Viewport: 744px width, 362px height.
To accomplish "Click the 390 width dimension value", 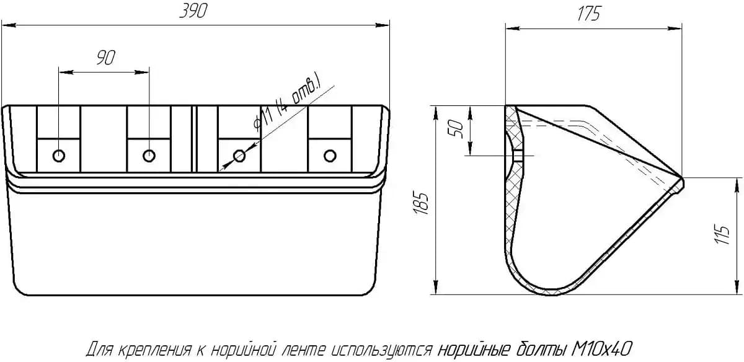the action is click(193, 11).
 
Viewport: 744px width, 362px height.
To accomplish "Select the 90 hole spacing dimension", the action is click(106, 58).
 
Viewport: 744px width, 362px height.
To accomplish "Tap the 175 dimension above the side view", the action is click(589, 14).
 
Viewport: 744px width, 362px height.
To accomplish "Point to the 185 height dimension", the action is click(422, 203).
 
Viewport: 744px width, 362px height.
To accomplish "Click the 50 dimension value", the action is click(456, 129).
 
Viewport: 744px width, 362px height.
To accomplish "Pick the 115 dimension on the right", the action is click(723, 235).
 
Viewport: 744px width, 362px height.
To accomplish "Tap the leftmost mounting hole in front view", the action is click(59, 156).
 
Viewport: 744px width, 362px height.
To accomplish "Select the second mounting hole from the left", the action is click(149, 156).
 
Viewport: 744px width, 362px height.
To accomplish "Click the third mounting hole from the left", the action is click(239, 156).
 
